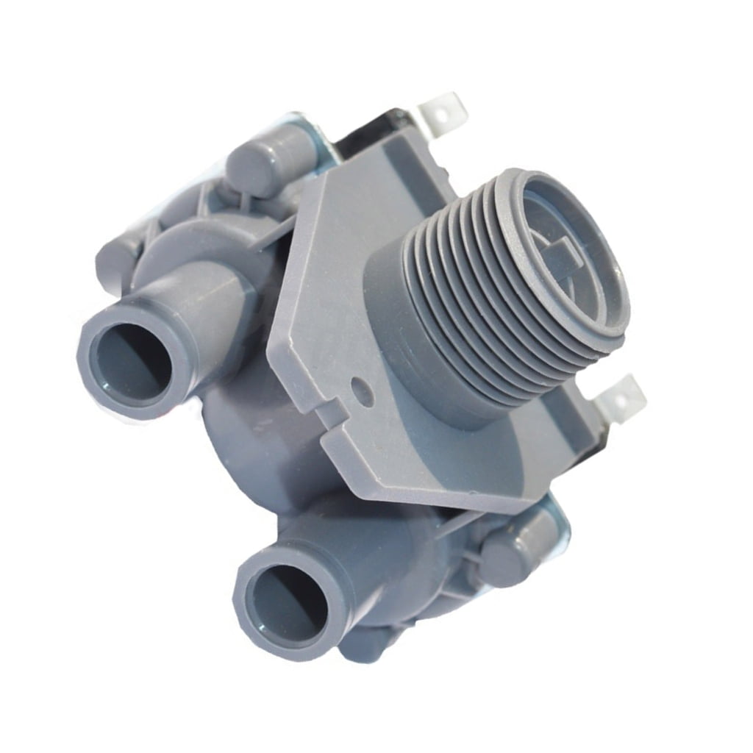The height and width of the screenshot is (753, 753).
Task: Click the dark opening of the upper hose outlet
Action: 130,362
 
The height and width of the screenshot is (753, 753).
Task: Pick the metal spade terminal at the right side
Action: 620,397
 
